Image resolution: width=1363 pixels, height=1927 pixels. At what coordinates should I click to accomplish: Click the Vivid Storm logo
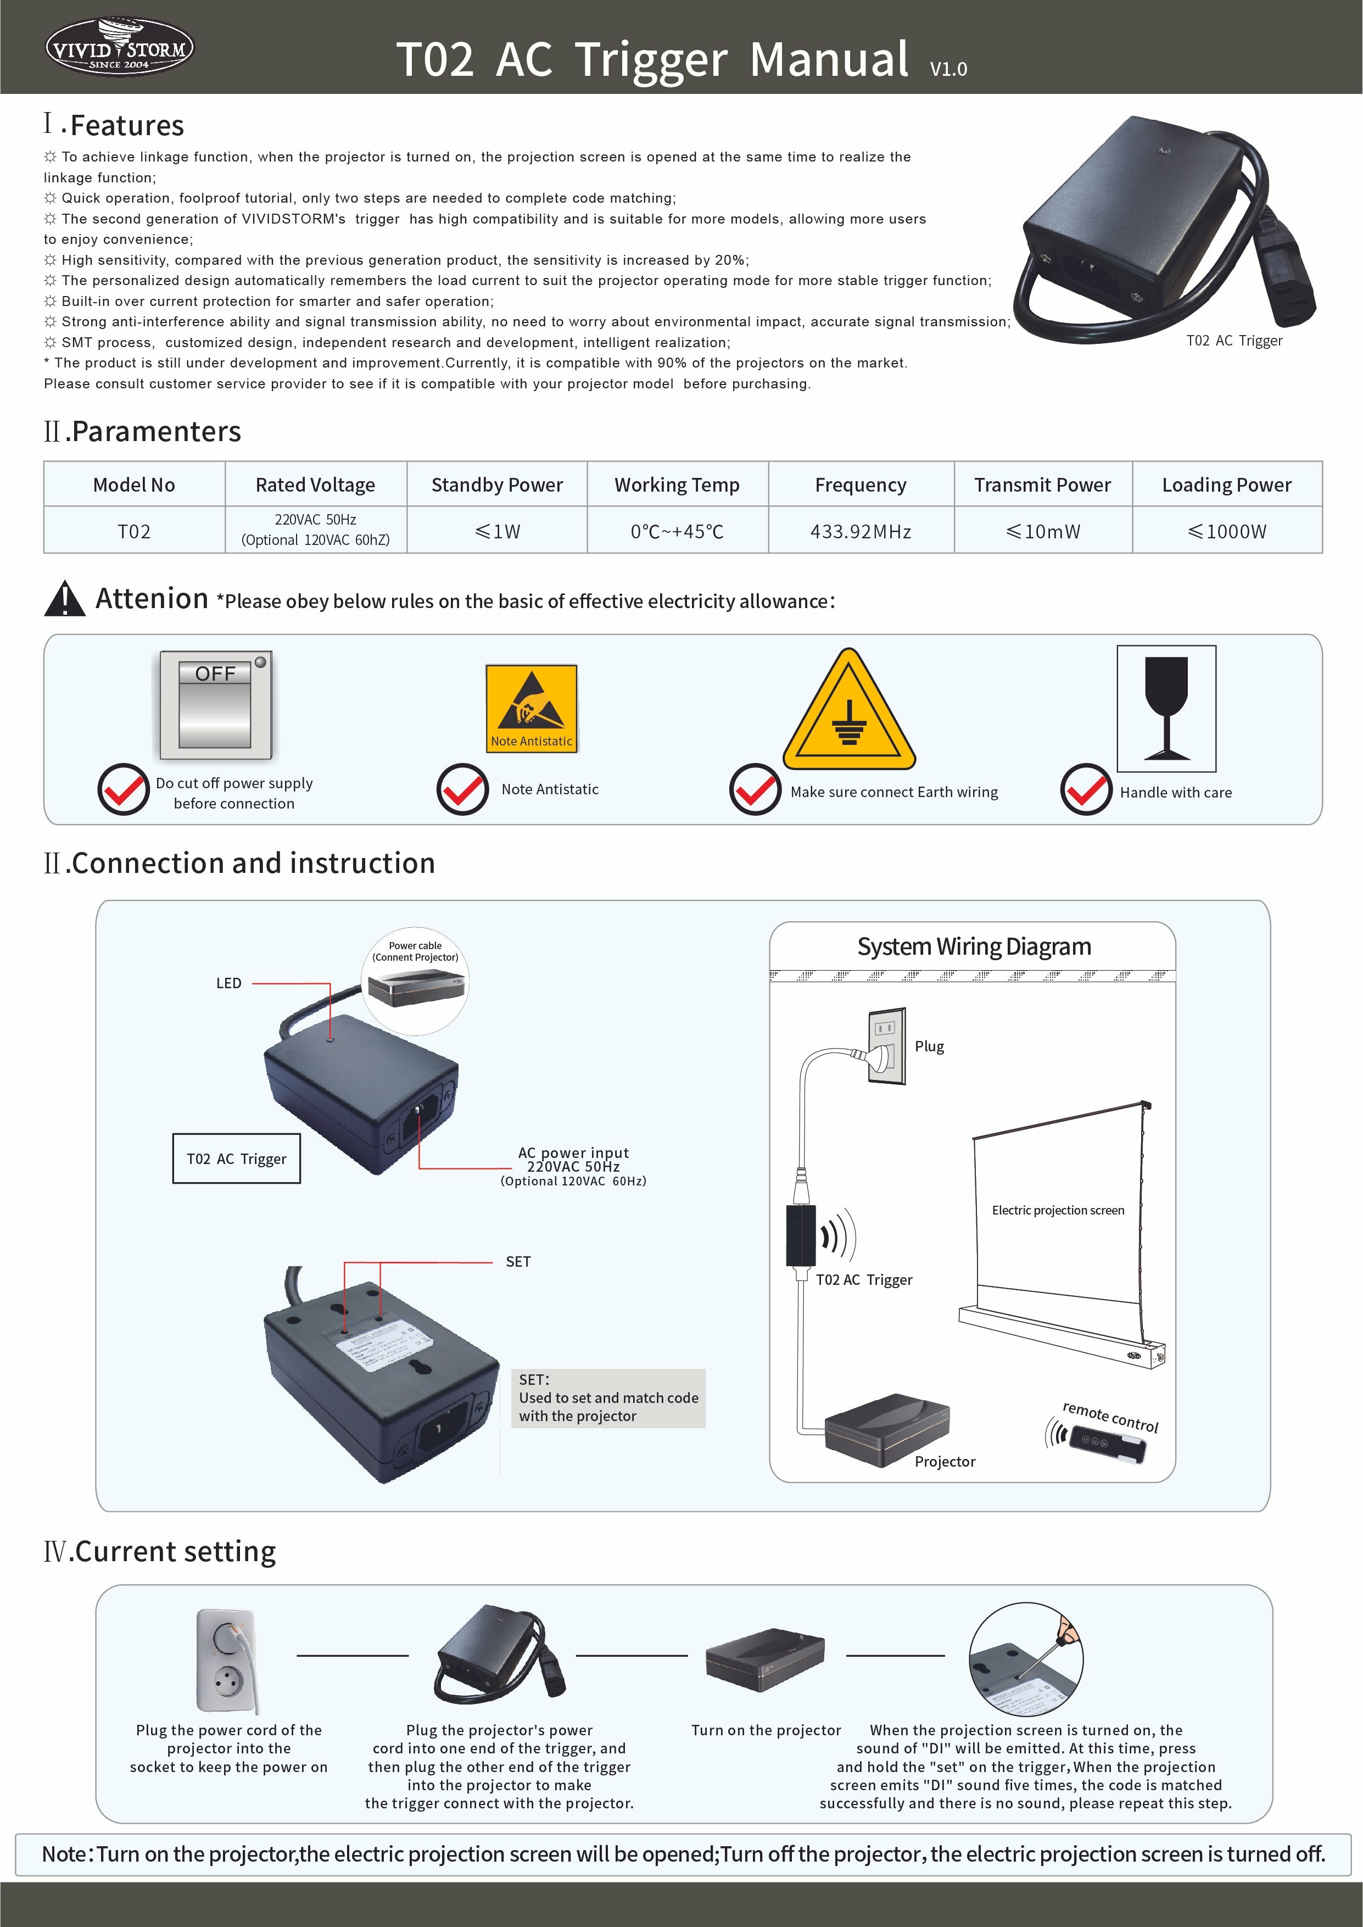coord(119,47)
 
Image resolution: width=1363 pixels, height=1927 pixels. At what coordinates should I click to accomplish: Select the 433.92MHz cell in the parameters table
coord(861,531)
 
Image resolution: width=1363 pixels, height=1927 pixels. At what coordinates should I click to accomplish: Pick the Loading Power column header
coord(1226,485)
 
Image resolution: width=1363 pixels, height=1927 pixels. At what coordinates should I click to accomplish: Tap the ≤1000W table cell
coord(1226,531)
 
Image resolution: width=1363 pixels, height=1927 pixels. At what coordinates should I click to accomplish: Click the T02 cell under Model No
coord(135,531)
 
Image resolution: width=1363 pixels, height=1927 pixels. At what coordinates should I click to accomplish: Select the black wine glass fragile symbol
coord(1166,709)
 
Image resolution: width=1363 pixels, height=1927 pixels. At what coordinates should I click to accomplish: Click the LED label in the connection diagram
coord(228,983)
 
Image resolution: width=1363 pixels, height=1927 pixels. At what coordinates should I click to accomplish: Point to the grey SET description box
coord(608,1398)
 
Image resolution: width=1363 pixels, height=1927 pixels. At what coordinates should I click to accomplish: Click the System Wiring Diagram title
coord(974,946)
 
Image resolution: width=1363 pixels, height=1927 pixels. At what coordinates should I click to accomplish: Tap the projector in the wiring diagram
coord(886,1430)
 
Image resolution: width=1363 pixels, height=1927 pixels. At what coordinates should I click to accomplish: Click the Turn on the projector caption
coord(766,1730)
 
